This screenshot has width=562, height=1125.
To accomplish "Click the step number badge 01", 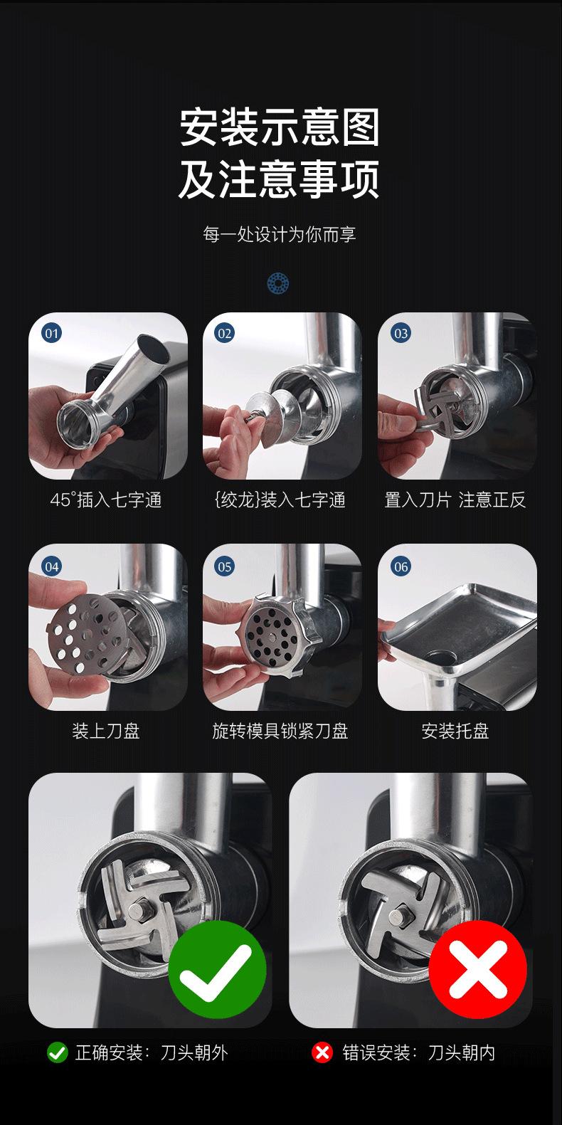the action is point(52,333).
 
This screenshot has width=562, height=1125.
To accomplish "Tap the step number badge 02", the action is point(225,333).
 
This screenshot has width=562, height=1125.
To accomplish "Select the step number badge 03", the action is point(401,333).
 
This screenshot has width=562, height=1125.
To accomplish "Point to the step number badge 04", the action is point(52,566).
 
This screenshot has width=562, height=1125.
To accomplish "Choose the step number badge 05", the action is point(225,566).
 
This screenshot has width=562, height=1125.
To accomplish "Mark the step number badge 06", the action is point(401,566).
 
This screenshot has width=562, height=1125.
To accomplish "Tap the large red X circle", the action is point(478,969).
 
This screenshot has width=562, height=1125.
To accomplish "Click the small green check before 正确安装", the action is point(57,1052).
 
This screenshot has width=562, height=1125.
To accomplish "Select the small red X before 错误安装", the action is point(322,1052).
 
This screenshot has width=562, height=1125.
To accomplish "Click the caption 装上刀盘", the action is point(106,731).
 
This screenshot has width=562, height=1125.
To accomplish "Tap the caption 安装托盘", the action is point(455,731).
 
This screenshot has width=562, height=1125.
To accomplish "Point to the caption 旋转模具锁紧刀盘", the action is point(280,731).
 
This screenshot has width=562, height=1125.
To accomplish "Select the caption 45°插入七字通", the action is point(106,500).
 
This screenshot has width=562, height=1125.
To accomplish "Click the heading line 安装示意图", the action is point(280,127).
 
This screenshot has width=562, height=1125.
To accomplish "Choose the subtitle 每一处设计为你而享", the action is point(280,234).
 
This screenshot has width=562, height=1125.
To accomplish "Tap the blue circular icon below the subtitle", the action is point(277,283).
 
